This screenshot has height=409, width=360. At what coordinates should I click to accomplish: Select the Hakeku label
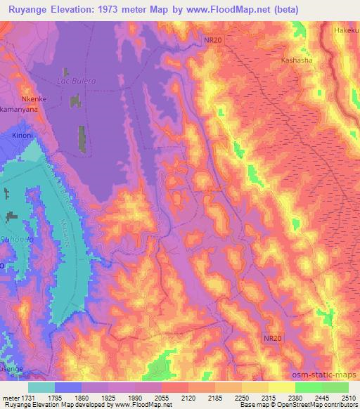(x=347, y=31)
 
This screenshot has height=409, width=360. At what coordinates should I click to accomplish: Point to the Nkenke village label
(x=34, y=99)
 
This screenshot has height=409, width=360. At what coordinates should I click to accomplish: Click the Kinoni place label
(x=23, y=134)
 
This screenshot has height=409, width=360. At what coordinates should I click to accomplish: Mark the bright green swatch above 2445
(x=309, y=387)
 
